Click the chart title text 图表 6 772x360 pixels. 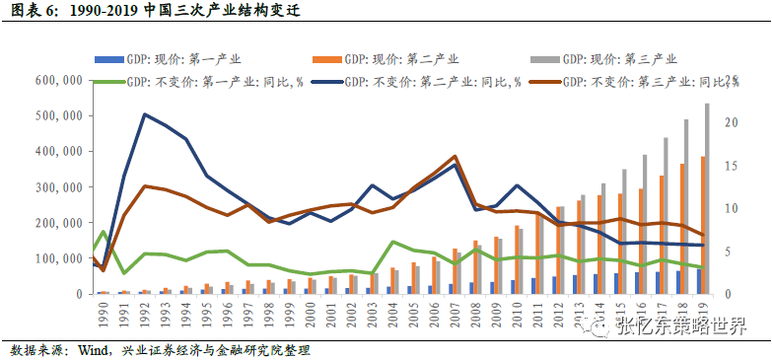point(30,13)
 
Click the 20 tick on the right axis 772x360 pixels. point(729,122)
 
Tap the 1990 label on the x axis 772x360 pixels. point(103,316)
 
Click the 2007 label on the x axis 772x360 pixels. point(455,316)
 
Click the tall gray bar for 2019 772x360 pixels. point(707,197)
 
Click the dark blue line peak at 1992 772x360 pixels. point(145,114)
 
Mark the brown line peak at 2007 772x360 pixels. point(455,156)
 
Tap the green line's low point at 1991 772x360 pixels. point(124,273)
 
